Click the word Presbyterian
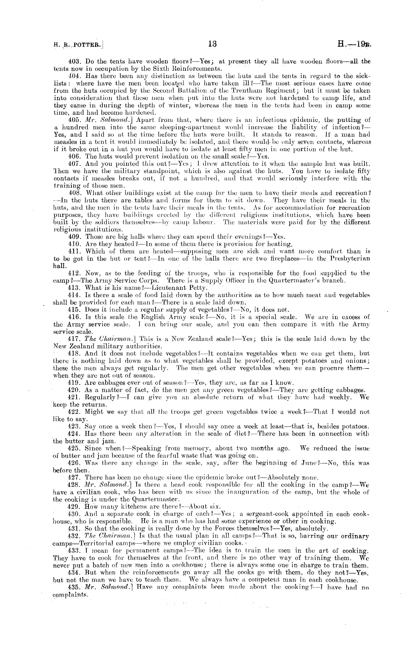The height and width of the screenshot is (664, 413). [x=350, y=259]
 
